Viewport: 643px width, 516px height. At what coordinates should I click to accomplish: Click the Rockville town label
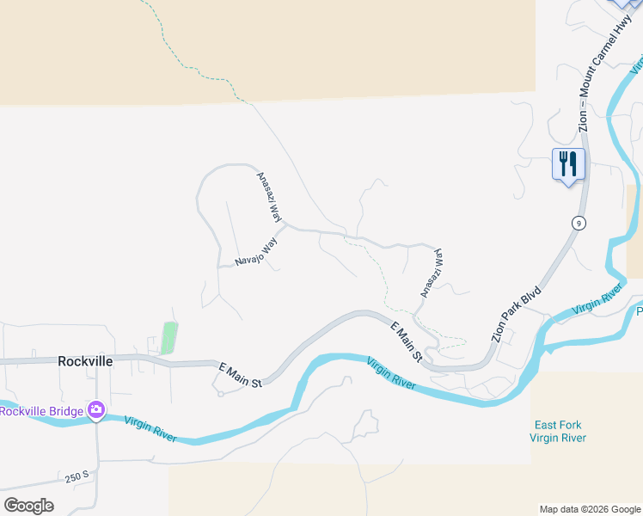click(x=85, y=361)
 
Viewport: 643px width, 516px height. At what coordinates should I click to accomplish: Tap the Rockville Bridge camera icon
click(x=96, y=411)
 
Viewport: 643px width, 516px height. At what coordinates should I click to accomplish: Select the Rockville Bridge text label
click(x=41, y=411)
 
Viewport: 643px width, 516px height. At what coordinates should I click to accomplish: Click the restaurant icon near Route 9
click(x=567, y=163)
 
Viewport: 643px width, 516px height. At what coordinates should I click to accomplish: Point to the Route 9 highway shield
click(x=580, y=223)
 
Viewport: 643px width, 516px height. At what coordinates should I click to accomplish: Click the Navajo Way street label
click(x=257, y=251)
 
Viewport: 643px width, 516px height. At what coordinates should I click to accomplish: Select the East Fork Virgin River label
click(x=559, y=432)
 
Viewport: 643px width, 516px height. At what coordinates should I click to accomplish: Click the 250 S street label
click(x=76, y=476)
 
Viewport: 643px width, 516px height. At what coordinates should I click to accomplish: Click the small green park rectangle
click(x=169, y=338)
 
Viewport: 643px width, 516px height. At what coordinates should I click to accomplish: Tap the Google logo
click(x=28, y=506)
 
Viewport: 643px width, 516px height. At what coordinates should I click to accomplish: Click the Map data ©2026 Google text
click(x=590, y=509)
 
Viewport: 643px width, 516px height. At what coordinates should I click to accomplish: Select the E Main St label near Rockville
click(x=240, y=376)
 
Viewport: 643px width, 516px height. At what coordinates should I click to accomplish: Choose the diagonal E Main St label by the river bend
click(x=407, y=341)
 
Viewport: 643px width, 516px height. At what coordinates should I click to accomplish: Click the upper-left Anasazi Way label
click(x=270, y=196)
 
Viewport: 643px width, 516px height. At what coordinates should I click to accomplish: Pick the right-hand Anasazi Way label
click(x=432, y=273)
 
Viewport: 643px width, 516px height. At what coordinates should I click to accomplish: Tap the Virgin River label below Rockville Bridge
click(x=150, y=428)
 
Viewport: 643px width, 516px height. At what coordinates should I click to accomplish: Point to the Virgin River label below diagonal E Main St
click(x=391, y=375)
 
